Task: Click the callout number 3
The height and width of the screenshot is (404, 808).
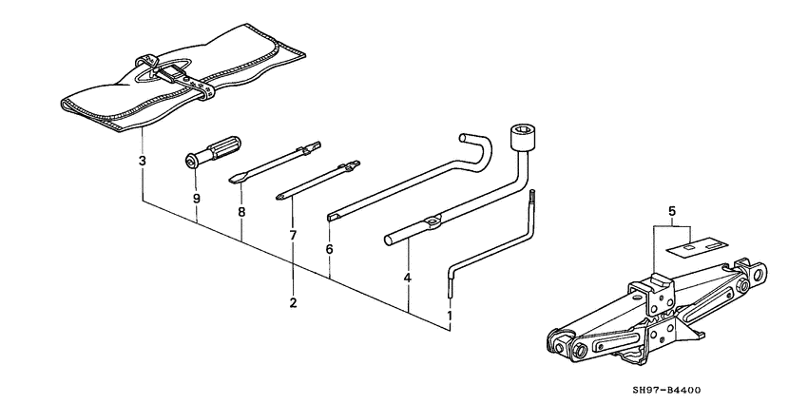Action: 142,161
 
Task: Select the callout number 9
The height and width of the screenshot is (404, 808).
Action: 196,199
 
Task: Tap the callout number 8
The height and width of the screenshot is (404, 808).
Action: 241,214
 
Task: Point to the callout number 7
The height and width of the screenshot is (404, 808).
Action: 293,234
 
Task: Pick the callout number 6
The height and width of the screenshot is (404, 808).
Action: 329,249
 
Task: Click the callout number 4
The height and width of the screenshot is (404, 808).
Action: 407,278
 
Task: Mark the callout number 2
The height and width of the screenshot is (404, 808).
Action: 293,303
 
